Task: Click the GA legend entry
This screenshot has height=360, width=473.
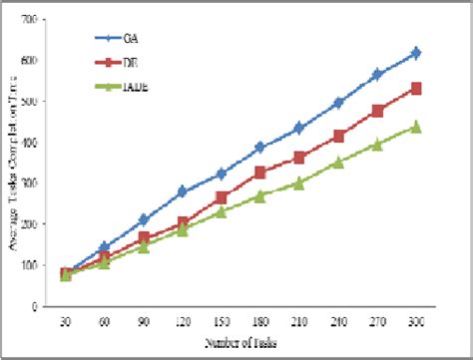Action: tap(131, 39)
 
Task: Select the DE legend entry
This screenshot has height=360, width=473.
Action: tap(131, 64)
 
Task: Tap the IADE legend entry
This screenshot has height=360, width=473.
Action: tap(133, 90)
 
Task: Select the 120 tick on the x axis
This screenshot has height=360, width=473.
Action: tap(182, 321)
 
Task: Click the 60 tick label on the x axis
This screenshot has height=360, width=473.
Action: tap(105, 321)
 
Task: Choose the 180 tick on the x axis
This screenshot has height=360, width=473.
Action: tap(259, 321)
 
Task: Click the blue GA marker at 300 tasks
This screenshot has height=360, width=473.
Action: tap(416, 52)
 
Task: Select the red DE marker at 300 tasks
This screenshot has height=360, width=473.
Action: tap(416, 89)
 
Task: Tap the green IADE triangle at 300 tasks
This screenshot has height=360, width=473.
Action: tap(416, 127)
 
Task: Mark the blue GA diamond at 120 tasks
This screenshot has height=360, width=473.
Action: tap(182, 191)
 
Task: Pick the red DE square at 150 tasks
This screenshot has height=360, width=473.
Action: tap(221, 197)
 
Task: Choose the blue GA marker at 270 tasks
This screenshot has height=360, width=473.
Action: tap(377, 75)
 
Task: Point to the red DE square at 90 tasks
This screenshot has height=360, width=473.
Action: tap(144, 238)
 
